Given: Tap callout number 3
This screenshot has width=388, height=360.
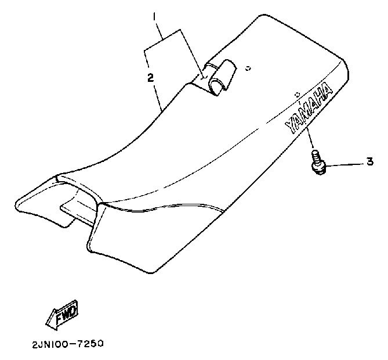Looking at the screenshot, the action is click(369, 163).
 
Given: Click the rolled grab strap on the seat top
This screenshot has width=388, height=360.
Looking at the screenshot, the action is click(220, 76).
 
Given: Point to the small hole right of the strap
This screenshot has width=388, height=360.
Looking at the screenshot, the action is click(248, 68).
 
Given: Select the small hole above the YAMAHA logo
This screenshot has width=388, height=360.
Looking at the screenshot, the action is click(296, 93).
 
